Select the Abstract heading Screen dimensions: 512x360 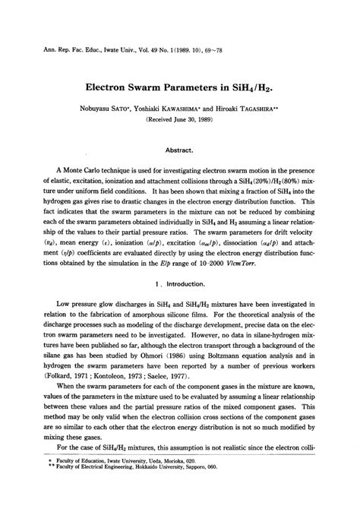coord(179,150)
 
